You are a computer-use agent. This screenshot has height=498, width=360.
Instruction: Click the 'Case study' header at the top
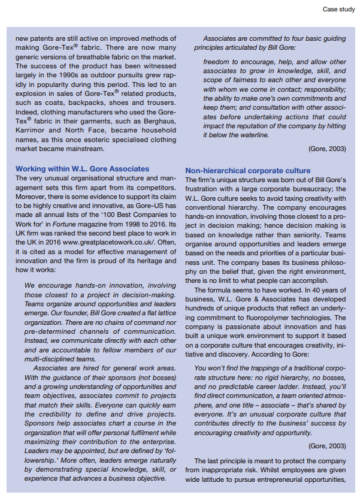[x=338, y=9]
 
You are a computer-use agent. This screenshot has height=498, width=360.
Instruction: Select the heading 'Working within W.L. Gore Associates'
[x=82, y=169]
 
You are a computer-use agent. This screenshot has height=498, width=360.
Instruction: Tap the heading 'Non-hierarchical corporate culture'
[x=248, y=171]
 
